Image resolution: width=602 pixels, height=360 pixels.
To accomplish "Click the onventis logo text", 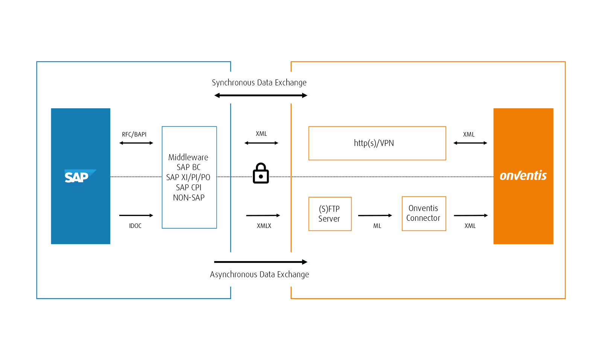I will tap(523, 176).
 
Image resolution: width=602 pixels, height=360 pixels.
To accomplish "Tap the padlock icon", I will tap(261, 173).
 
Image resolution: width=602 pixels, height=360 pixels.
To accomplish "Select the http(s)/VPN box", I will tap(377, 143).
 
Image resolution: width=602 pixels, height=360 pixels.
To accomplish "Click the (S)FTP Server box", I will tap(330, 214).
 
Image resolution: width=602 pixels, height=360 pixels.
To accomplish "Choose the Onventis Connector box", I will tap(424, 213).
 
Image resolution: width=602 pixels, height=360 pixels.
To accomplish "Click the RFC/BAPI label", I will tap(134, 134).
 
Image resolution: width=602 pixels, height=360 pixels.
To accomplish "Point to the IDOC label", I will tap(135, 226).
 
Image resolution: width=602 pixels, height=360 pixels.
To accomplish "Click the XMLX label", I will tap(264, 226).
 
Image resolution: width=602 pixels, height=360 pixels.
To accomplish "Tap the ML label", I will tap(377, 226).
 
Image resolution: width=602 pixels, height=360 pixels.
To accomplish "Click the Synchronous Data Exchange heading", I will tap(259, 82).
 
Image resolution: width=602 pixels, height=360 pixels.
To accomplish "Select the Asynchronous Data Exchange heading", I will tap(259, 274).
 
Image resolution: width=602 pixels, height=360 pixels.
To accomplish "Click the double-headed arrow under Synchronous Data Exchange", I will tap(261, 96).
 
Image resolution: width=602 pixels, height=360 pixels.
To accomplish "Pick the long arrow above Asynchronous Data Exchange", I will tap(261, 262).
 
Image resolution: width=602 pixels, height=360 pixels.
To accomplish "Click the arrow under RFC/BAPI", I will tap(136, 143).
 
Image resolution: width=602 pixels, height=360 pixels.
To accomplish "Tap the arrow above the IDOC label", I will tap(136, 216).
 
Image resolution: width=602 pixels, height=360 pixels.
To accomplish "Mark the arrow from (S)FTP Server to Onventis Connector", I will tap(375, 216).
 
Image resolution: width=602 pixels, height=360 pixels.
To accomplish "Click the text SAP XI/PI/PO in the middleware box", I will tap(189, 177).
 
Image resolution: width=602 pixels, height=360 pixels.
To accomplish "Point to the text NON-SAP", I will tap(189, 197).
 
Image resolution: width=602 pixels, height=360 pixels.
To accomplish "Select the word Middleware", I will tap(188, 157).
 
